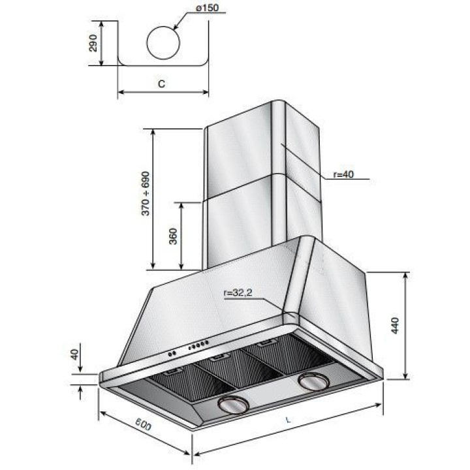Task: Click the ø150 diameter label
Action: coord(207,8)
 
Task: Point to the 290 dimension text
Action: coord(93,43)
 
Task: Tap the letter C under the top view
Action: coord(162,84)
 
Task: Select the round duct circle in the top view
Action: coord(163,43)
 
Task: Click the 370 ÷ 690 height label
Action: coord(146,193)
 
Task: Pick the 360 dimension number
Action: coord(173,236)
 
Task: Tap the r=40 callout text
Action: coord(343,174)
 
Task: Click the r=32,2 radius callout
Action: coord(238,293)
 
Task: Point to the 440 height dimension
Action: coord(395,326)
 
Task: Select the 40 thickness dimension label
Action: coord(75,355)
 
